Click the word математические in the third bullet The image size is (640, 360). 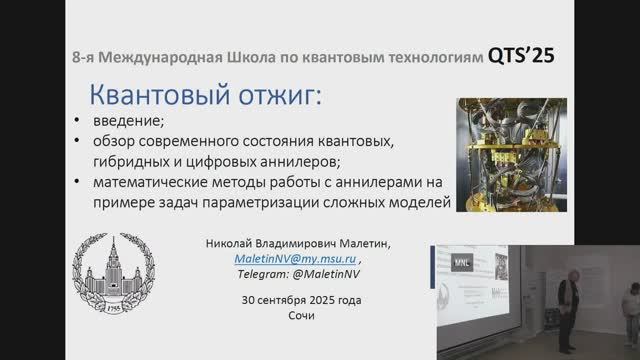(x=157, y=183)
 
